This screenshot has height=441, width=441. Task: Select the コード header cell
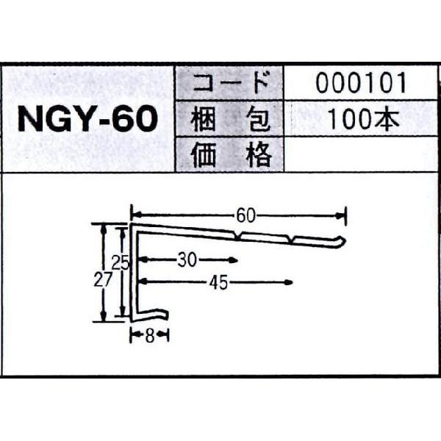pos(228,83)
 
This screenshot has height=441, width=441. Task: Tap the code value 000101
pos(361,83)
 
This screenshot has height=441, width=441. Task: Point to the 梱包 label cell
pos(228,119)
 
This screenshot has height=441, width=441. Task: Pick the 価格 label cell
pos(228,155)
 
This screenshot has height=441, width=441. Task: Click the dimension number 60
pos(247,215)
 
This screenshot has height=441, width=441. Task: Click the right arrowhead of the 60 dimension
pos(341,215)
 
